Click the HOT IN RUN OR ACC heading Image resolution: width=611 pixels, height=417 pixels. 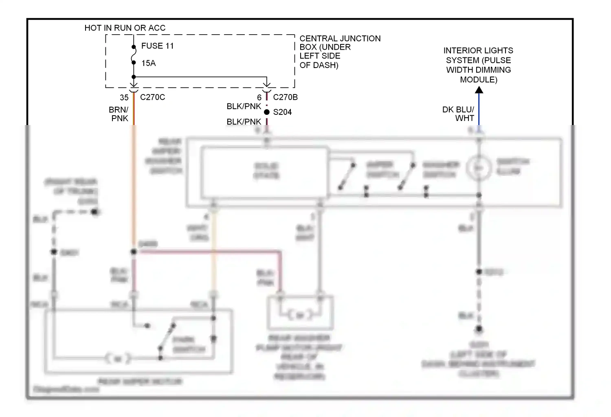point(125,28)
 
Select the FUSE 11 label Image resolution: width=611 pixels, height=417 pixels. point(157,46)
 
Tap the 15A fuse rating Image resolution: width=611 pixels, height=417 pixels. point(148,63)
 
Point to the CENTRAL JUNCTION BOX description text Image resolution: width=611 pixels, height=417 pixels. point(340,52)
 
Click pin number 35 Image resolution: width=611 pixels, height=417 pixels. point(124,98)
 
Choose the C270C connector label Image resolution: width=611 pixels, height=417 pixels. point(152,97)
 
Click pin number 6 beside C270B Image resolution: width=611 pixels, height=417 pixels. point(259,98)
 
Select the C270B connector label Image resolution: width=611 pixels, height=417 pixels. point(285,97)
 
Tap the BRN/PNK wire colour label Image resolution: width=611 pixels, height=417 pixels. point(119,114)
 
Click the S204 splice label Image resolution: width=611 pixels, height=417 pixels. point(282,112)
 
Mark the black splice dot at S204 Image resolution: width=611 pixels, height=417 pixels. point(267,112)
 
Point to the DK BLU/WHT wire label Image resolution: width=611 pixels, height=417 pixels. point(459,114)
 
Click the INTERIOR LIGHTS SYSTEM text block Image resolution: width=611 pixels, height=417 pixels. point(478,65)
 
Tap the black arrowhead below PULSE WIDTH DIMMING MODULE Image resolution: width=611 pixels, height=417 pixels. point(479,90)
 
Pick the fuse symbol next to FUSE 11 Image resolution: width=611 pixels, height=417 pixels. point(134,55)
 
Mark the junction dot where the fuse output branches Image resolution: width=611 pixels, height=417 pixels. point(134,77)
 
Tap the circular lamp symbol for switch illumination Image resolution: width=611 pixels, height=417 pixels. point(479,168)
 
